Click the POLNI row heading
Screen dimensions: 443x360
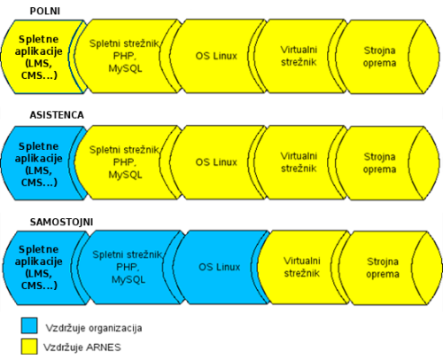pyautogui.click(x=45, y=12)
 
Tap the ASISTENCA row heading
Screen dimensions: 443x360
pyautogui.click(x=57, y=115)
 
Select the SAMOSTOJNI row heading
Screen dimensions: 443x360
pyautogui.click(x=61, y=222)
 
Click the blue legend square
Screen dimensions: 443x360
pyautogui.click(x=29, y=325)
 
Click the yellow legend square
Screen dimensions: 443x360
pyautogui.click(x=29, y=347)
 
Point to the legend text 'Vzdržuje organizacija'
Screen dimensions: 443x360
pyautogui.click(x=94, y=328)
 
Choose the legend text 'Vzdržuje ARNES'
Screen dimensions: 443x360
pyautogui.click(x=82, y=348)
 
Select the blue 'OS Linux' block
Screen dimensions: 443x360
pyautogui.click(x=220, y=268)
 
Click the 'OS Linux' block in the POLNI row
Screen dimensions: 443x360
pyautogui.click(x=217, y=56)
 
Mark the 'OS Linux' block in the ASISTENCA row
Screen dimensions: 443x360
pyautogui.click(x=217, y=162)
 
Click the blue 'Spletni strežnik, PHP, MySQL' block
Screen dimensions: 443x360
pyautogui.click(x=128, y=268)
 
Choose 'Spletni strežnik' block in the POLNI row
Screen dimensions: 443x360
pyautogui.click(x=126, y=56)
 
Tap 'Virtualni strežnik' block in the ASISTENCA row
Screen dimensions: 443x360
pyautogui.click(x=299, y=162)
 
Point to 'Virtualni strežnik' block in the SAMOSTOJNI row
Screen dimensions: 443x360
pyautogui.click(x=302, y=268)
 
